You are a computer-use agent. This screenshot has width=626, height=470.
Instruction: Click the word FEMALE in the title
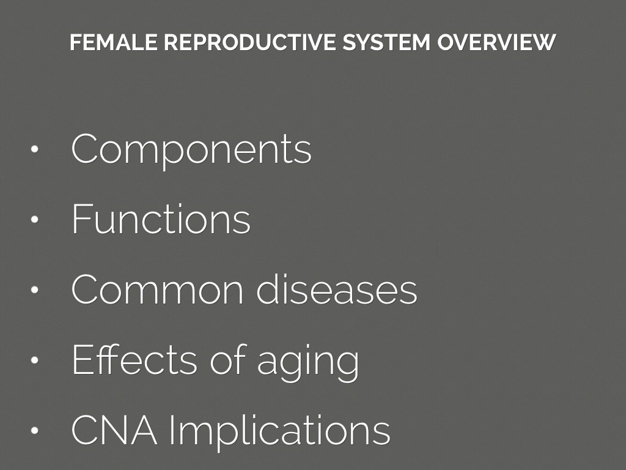[x=114, y=42]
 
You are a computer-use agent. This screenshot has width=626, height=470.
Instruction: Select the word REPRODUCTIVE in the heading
[x=250, y=42]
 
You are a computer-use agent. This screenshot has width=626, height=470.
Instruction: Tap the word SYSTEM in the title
[x=386, y=42]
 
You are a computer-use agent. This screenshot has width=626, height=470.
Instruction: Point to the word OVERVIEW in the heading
[x=496, y=42]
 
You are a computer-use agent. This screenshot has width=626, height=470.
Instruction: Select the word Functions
[x=161, y=218]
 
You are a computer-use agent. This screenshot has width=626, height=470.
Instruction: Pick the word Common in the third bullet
[x=157, y=289]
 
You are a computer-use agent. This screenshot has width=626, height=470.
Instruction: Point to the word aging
[x=308, y=362]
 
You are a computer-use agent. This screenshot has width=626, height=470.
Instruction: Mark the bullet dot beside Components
[x=34, y=149]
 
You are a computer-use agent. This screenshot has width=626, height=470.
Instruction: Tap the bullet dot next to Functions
[x=34, y=219]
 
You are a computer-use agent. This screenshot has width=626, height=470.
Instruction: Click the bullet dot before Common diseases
[x=34, y=289]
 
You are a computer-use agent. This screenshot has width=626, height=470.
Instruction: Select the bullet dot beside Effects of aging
[x=34, y=360]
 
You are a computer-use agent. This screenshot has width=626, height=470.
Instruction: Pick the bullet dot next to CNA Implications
[x=34, y=430]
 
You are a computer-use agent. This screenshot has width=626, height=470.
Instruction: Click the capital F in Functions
[x=81, y=218]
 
